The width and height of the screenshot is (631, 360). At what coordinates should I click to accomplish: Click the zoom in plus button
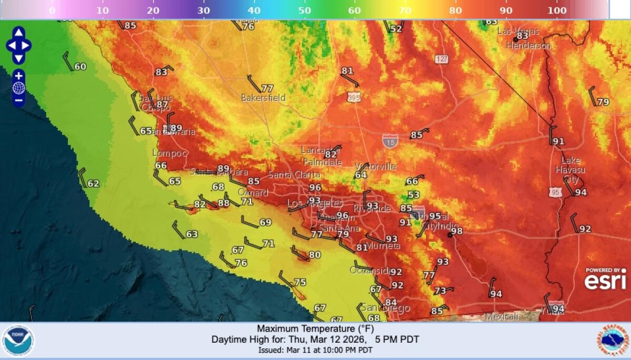point(18,76)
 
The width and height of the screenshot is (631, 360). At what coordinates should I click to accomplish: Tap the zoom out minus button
point(18,100)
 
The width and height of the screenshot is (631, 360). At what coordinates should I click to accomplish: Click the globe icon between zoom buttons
point(18,88)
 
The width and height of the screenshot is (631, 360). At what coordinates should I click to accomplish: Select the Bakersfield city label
point(263,98)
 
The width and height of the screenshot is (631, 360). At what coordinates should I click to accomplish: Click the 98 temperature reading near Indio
point(456,231)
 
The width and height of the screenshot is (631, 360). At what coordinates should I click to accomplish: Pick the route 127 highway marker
point(442,59)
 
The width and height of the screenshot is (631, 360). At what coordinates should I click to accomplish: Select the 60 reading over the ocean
point(80,67)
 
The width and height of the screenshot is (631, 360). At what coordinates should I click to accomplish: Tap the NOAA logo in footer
point(18,341)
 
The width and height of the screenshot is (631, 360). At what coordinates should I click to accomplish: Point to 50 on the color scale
point(304,11)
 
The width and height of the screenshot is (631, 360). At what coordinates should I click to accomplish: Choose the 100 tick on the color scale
point(557,11)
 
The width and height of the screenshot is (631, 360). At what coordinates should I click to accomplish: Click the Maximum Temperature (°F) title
point(315,329)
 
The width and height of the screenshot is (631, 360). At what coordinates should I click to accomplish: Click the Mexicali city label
point(502,316)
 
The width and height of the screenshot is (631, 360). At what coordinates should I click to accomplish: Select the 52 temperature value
point(395,29)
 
